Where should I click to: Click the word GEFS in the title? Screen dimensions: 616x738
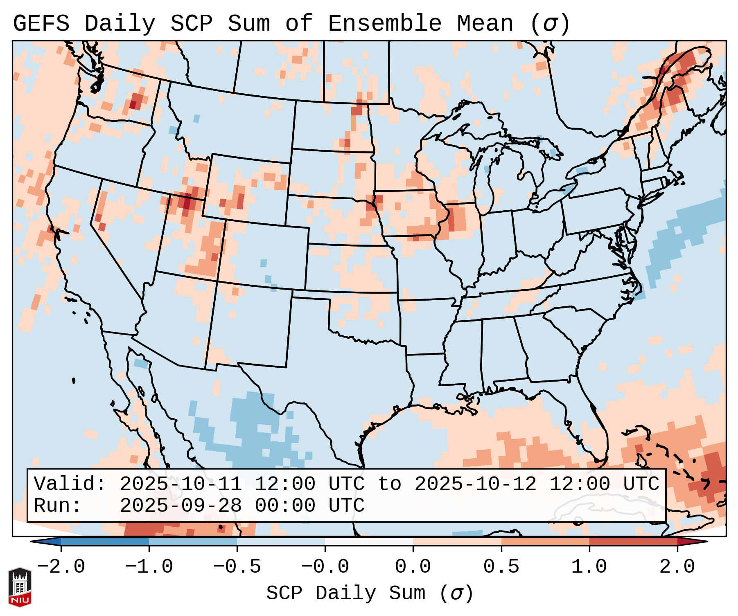(x=41, y=24)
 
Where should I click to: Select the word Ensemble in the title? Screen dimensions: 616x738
(x=385, y=24)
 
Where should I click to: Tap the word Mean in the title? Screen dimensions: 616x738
(x=485, y=24)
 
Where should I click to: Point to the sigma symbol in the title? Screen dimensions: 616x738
(x=550, y=25)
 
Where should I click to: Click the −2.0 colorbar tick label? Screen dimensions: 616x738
(x=61, y=567)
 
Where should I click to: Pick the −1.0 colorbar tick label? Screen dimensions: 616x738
(x=149, y=567)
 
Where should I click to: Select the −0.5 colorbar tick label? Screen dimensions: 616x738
(x=237, y=567)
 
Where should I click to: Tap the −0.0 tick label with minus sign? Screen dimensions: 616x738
(x=325, y=567)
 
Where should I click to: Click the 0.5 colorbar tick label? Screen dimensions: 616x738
(x=501, y=567)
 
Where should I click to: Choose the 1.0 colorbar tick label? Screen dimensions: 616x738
(x=589, y=567)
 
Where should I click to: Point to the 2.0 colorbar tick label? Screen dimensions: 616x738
(x=677, y=567)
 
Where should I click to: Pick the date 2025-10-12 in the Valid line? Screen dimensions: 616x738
(x=475, y=484)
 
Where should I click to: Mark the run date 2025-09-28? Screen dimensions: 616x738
(x=181, y=506)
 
